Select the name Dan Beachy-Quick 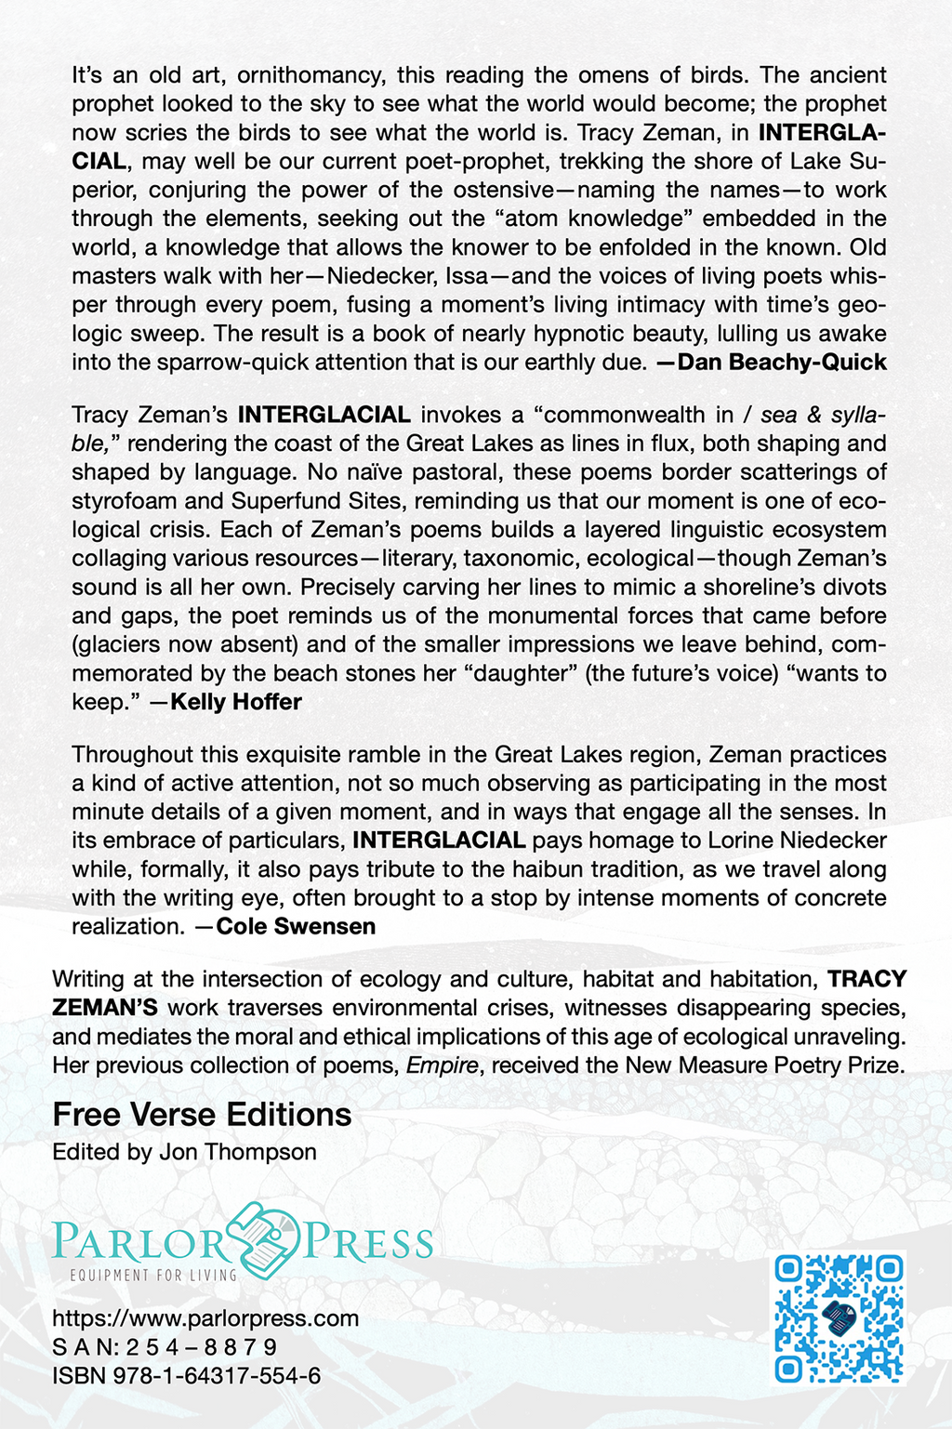pyautogui.click(x=782, y=363)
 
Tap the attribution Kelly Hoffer pyautogui.click(x=236, y=702)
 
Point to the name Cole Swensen pyautogui.click(x=296, y=927)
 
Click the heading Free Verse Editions pyautogui.click(x=202, y=1114)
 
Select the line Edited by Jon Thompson pyautogui.click(x=184, y=1152)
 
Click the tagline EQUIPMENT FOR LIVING pyautogui.click(x=154, y=1276)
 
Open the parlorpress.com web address pyautogui.click(x=205, y=1318)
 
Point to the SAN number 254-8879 pyautogui.click(x=165, y=1347)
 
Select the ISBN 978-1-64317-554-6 pyautogui.click(x=187, y=1376)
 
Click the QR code pyautogui.click(x=840, y=1317)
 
